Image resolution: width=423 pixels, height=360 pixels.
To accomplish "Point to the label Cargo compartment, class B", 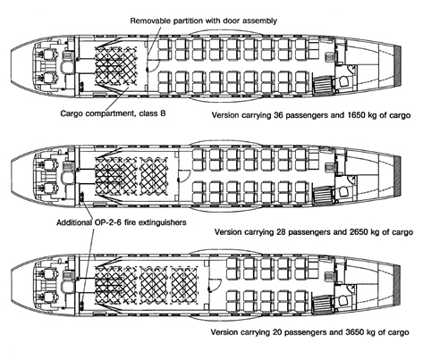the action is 113,113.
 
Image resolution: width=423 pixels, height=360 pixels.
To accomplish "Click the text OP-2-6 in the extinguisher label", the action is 104,222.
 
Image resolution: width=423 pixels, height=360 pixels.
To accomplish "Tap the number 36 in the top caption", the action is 278,115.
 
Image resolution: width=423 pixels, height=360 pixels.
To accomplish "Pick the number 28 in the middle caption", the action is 281,231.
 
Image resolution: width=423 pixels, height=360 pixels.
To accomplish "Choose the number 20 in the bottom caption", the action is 277,332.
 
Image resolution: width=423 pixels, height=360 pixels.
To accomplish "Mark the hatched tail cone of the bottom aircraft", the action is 397,286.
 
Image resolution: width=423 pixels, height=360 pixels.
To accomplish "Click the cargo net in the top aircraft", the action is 115,65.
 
